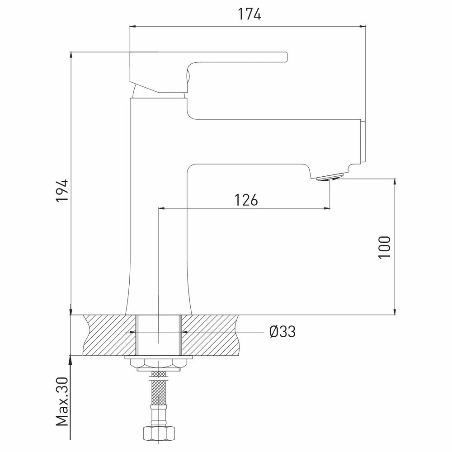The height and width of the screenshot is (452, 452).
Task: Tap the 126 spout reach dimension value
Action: (x=246, y=199)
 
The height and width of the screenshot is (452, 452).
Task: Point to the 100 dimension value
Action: (x=384, y=247)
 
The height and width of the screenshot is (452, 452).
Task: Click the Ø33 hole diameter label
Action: (x=282, y=332)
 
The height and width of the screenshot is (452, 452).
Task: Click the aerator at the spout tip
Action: (x=330, y=178)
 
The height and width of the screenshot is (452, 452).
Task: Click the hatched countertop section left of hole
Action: (x=108, y=334)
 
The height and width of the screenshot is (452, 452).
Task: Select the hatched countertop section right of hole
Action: (x=210, y=334)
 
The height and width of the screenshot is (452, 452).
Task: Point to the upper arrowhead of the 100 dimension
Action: (x=395, y=182)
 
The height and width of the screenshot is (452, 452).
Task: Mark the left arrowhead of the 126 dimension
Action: (x=161, y=208)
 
